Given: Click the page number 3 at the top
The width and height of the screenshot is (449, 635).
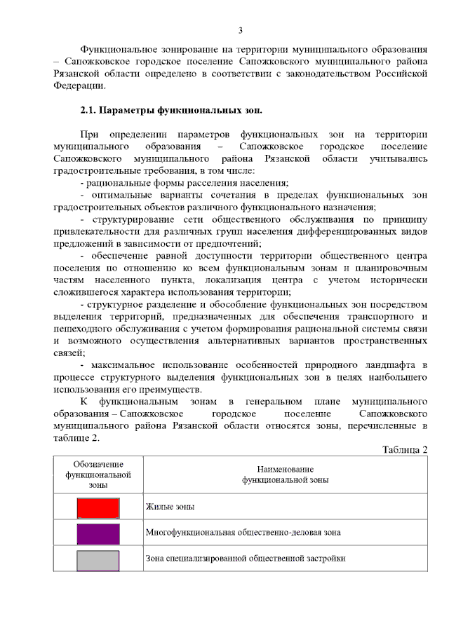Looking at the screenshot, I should tap(240, 30).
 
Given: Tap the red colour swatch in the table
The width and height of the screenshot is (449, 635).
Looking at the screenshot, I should tap(98, 507).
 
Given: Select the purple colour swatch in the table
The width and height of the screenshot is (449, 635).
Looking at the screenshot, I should tap(98, 533).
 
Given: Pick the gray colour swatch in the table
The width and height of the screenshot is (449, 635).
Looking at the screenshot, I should tap(98, 559).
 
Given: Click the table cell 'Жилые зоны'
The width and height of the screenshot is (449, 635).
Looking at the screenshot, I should tap(170, 507).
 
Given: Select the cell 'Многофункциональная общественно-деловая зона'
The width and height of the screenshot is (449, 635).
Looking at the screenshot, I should tap(243, 533).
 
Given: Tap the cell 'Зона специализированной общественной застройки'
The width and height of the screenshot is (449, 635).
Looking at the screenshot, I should tap(246, 559).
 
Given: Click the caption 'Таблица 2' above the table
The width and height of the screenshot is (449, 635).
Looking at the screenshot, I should tap(405, 449).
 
